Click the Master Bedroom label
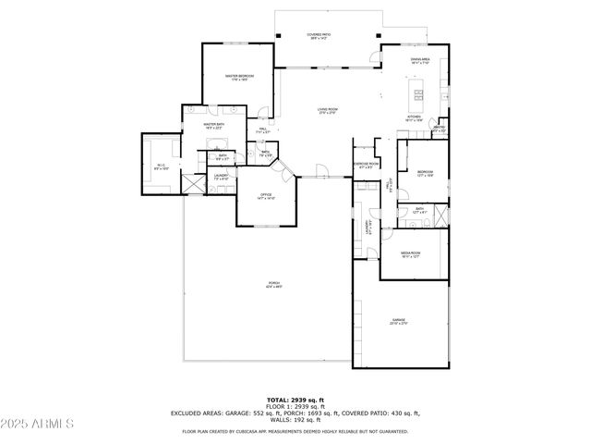tap(239, 77)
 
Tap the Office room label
tap(265, 196)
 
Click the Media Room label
tap(410, 253)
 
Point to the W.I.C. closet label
tap(161, 167)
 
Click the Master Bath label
tap(214, 126)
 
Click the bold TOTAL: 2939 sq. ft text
tap(295, 400)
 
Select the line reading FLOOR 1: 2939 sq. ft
tap(295, 406)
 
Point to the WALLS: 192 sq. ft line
tap(295, 419)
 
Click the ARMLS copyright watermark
tap(38, 425)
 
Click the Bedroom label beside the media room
tap(424, 173)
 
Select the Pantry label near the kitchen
tap(440, 129)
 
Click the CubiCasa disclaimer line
tap(295, 431)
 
